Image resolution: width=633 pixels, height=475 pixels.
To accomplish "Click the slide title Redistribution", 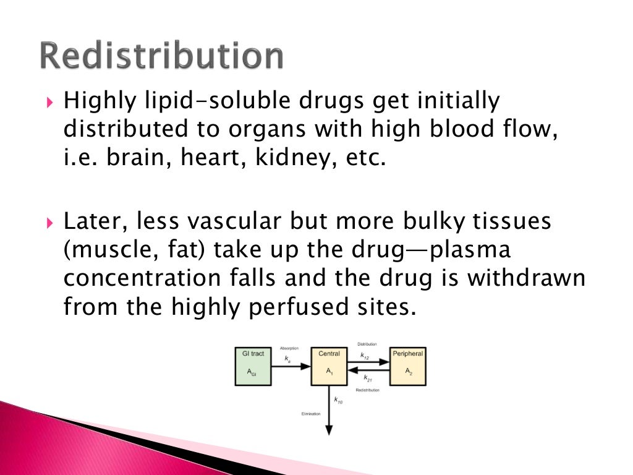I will pyautogui.click(x=162, y=56).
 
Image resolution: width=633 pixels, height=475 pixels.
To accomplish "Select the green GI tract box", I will pyautogui.click(x=253, y=366).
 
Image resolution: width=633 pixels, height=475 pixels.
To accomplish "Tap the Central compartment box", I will pyautogui.click(x=329, y=366).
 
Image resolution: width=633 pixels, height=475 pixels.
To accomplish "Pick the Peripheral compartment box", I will pyautogui.click(x=407, y=366).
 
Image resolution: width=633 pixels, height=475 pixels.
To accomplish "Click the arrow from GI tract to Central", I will pyautogui.click(x=291, y=366).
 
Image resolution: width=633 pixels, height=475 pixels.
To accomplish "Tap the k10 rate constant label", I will pyautogui.click(x=338, y=401).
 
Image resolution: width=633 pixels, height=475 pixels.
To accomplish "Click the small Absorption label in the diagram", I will pyautogui.click(x=289, y=348).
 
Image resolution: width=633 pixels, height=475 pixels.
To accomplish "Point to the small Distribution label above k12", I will pyautogui.click(x=367, y=344).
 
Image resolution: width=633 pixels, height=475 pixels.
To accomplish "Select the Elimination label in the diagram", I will pyautogui.click(x=310, y=414).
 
